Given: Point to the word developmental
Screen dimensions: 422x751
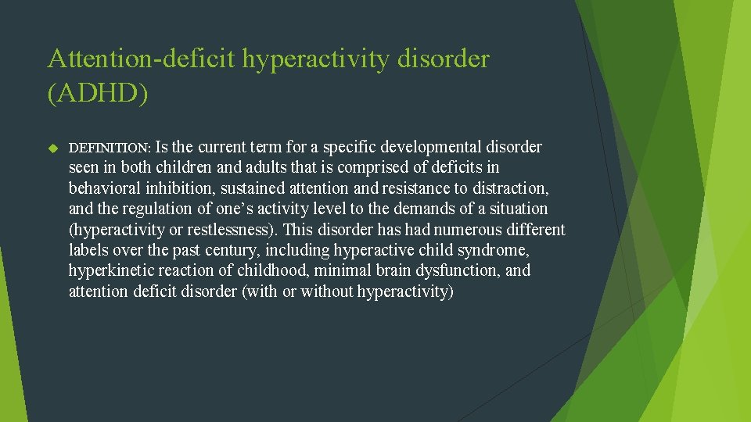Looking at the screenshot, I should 434,147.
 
